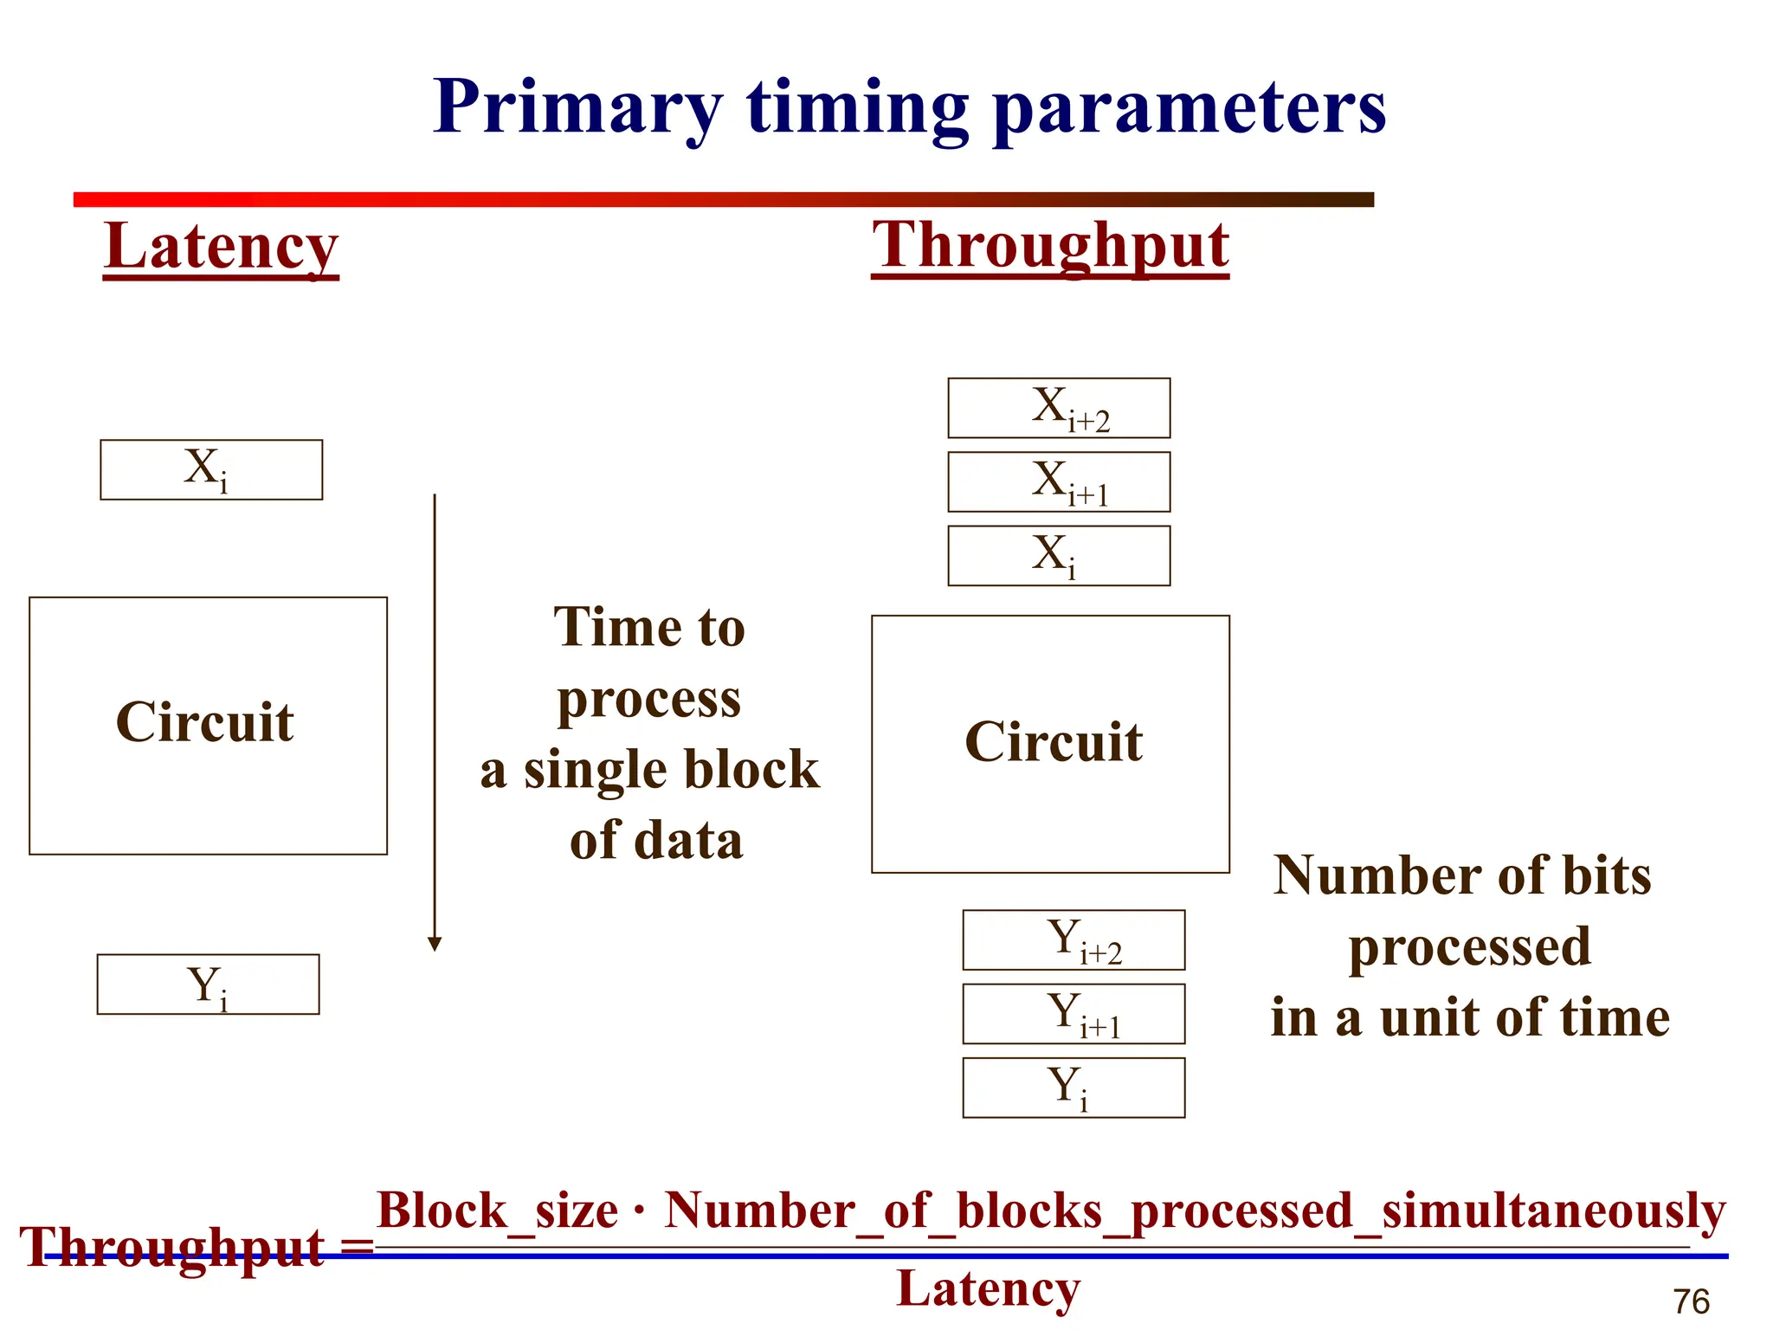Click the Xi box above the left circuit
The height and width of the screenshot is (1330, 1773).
211,469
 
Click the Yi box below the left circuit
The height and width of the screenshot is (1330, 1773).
208,985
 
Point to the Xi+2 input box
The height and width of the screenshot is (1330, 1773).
1059,408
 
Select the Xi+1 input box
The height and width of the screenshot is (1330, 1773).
1059,481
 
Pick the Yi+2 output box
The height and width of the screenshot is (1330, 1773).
1073,940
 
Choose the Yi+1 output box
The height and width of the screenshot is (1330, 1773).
1073,1014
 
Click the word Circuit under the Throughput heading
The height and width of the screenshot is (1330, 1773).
1054,741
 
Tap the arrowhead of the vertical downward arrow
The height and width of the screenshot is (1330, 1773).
435,944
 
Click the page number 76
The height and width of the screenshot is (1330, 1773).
1691,1301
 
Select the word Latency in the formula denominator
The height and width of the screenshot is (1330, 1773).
988,1288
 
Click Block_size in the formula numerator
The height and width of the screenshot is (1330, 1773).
497,1210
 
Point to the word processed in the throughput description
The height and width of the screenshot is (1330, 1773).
1469,946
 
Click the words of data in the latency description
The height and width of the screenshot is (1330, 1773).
656,840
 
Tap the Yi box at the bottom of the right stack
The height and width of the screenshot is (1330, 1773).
1073,1088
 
